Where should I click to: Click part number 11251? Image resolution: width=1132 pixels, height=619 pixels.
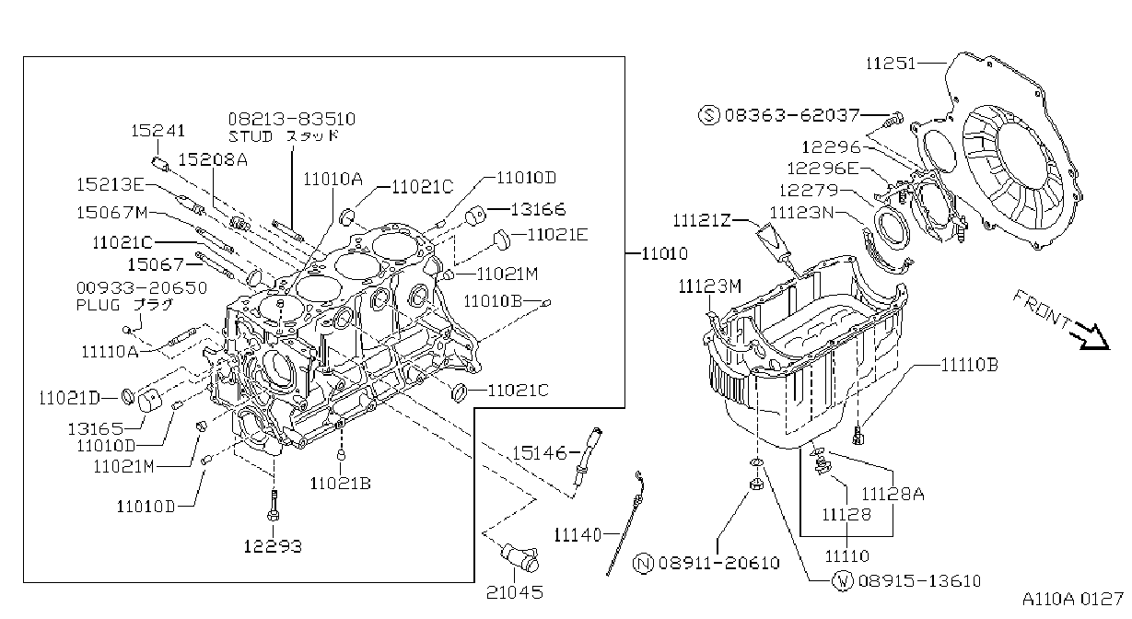pyautogui.click(x=891, y=64)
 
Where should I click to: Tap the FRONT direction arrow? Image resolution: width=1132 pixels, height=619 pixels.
pyautogui.click(x=1091, y=337)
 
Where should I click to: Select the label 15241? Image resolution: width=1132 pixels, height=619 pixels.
pyautogui.click(x=158, y=131)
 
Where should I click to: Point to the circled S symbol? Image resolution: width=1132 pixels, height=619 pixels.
pyautogui.click(x=708, y=115)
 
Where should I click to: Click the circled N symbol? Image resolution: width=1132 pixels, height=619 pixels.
pyautogui.click(x=643, y=564)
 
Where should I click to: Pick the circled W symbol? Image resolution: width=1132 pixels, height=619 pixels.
pyautogui.click(x=843, y=581)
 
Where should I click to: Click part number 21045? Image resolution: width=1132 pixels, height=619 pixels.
pyautogui.click(x=515, y=592)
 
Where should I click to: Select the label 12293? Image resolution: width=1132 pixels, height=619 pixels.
pyautogui.click(x=273, y=546)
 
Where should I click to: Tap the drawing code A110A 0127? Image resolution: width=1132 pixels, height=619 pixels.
pyautogui.click(x=1073, y=600)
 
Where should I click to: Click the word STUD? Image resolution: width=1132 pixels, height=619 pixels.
pyautogui.click(x=251, y=136)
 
